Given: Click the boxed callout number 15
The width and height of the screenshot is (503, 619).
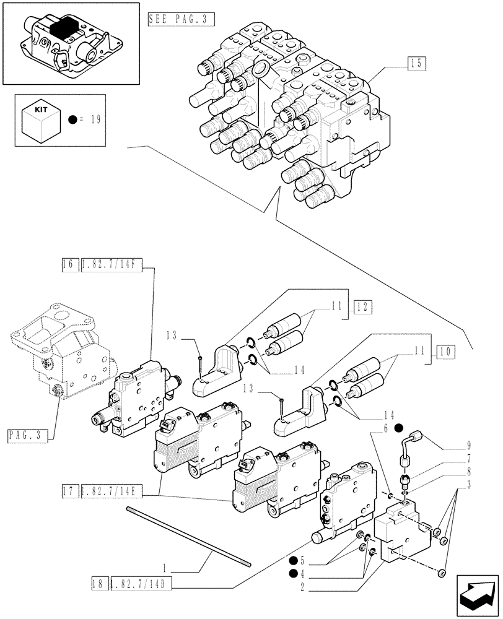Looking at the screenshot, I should point(417,63).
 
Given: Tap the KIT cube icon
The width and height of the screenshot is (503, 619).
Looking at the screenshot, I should point(40,120).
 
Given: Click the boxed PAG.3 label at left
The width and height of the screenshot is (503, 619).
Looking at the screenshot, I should point(28,436).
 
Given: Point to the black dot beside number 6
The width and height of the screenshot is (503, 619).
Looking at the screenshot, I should point(398,428).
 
